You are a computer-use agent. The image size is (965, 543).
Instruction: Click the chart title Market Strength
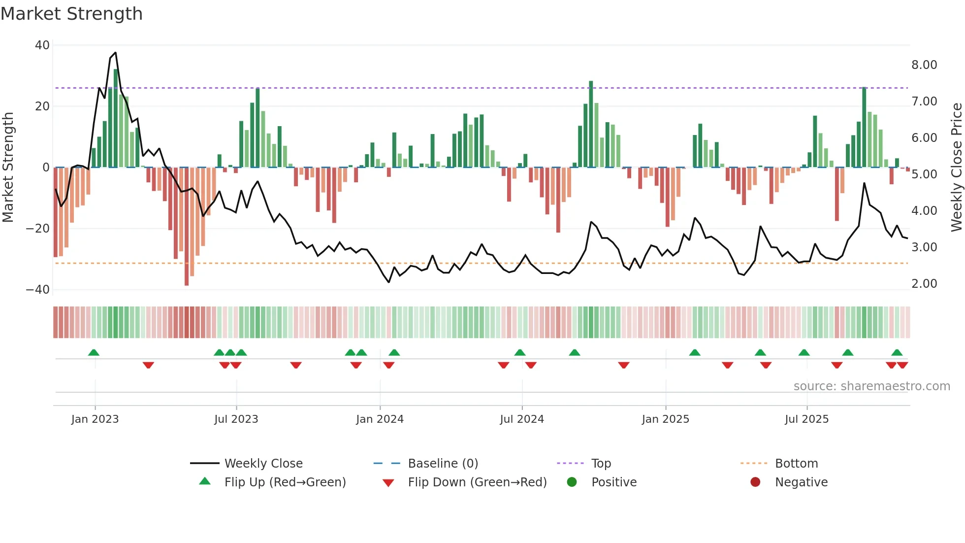pos(71,14)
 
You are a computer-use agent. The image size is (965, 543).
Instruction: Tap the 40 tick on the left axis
pos(42,45)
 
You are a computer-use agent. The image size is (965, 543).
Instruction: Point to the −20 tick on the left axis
pos(38,229)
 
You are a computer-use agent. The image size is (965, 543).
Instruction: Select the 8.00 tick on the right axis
pos(924,65)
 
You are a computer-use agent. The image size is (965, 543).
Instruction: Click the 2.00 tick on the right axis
pos(924,284)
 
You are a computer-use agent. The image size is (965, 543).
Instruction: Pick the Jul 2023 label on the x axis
pos(236,419)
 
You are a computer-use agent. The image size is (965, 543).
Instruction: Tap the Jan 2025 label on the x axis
pos(666,419)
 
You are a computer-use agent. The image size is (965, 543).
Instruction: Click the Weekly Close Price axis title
pos(956,168)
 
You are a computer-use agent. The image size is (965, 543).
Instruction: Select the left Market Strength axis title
pos(8,168)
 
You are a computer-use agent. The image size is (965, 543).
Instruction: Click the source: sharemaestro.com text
pos(871,386)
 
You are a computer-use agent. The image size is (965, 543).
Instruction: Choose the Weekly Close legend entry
pos(263,464)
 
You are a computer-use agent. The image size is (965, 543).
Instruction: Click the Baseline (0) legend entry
pos(443,464)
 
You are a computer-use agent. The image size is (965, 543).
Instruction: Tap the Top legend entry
pos(601,464)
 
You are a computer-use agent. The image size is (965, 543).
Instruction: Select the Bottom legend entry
pos(796,464)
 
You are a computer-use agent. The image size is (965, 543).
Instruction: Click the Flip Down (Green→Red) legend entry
pos(477,482)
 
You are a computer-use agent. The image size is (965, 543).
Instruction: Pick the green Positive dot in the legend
pos(572,482)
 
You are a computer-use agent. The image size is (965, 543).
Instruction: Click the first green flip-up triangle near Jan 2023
pos(94,352)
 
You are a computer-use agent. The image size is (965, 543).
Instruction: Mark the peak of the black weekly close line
pos(115,53)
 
